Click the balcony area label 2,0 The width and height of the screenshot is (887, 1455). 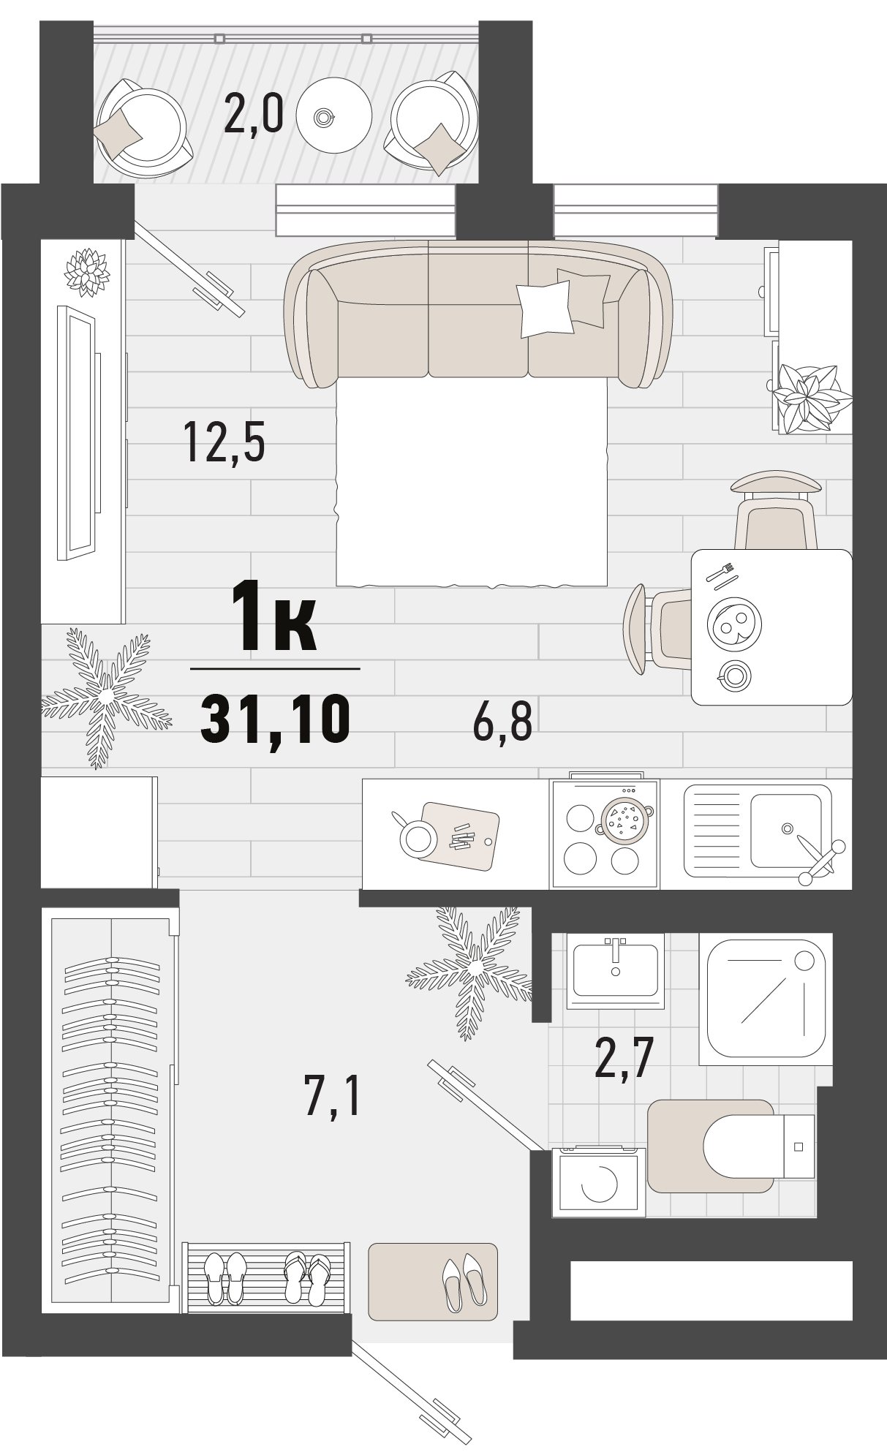coord(253,115)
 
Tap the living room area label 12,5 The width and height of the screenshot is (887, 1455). coord(224,442)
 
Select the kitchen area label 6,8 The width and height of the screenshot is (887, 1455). coord(502,721)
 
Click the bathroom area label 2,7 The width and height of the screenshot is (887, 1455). coord(624,1058)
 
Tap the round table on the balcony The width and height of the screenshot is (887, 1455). coord(334,116)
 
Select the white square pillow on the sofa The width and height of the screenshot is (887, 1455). coord(545,309)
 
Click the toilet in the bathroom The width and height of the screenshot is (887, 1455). coord(758,1146)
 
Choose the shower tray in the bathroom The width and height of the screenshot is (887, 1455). coord(766,999)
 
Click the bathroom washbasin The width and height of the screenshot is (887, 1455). coord(615,970)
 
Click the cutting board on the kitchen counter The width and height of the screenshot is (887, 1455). coord(461,837)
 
